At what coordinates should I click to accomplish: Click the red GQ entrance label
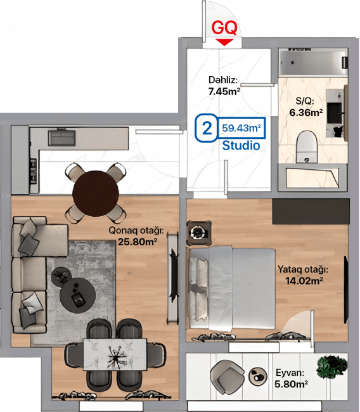(x=224, y=28)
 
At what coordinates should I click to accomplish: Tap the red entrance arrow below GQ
(x=224, y=42)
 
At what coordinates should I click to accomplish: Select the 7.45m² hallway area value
(x=224, y=91)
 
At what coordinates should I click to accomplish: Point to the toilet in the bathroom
(x=306, y=146)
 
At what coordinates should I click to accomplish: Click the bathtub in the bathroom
(x=313, y=63)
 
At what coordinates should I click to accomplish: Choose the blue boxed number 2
(x=207, y=128)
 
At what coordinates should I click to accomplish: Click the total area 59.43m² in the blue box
(x=241, y=128)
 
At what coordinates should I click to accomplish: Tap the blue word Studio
(x=241, y=145)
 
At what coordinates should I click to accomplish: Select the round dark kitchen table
(x=96, y=193)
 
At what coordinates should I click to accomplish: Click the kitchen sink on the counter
(x=61, y=138)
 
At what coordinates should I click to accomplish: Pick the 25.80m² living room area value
(x=137, y=241)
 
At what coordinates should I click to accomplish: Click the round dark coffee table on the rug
(x=77, y=294)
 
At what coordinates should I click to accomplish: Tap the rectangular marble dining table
(x=115, y=354)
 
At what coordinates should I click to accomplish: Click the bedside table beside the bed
(x=199, y=233)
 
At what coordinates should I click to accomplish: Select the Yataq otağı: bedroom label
(x=303, y=269)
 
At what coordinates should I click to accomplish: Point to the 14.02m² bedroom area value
(x=304, y=281)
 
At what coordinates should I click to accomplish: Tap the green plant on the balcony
(x=331, y=367)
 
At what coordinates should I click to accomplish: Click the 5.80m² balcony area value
(x=291, y=384)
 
